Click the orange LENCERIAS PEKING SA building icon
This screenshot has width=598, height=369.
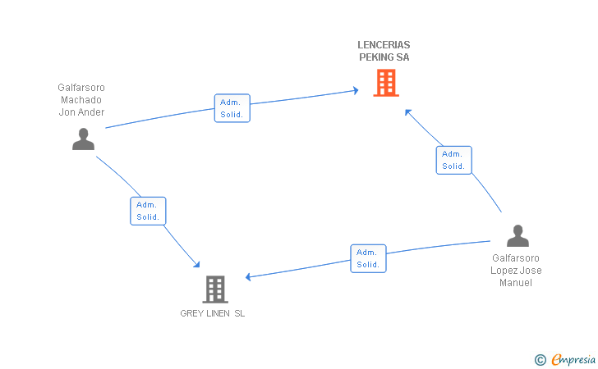click(386, 83)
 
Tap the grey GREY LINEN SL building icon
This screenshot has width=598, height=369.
click(215, 289)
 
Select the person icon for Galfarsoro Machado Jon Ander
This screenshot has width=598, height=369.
click(83, 139)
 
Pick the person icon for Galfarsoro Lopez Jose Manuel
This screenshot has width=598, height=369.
click(517, 235)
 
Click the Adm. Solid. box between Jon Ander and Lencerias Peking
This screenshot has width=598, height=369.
click(232, 108)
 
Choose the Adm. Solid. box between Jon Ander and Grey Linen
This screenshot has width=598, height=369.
click(148, 211)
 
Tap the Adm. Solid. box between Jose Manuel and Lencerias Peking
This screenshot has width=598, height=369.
click(453, 161)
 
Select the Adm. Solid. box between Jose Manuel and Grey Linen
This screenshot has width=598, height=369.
click(368, 258)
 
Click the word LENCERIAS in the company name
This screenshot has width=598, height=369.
click(384, 45)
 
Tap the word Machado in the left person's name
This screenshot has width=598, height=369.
click(81, 100)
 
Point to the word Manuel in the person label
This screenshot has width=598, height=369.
click(516, 283)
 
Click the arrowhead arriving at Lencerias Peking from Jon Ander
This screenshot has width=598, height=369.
click(356, 90)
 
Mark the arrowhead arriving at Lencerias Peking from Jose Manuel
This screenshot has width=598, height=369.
click(407, 112)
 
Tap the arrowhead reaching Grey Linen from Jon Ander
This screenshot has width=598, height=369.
click(197, 264)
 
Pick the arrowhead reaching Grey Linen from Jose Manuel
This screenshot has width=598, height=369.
click(248, 277)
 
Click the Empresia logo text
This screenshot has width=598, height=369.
click(573, 359)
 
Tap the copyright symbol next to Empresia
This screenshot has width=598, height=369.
click(540, 360)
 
